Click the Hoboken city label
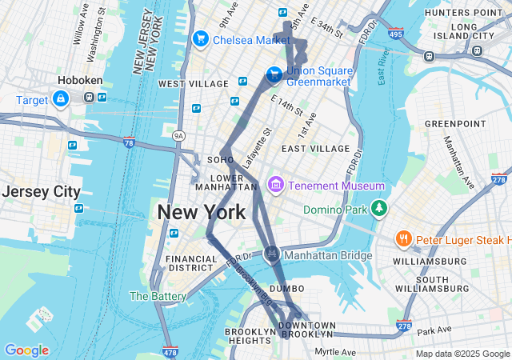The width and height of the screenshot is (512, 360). coord(77,80)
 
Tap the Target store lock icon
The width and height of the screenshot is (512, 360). coord(60,98)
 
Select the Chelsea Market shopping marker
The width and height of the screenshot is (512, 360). coord(200,38)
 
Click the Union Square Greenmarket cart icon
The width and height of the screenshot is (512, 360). coord(274,74)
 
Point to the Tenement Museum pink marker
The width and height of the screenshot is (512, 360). coord(276,185)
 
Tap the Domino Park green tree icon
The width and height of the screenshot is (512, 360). coord(378,210)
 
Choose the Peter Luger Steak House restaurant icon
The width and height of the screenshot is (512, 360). coord(404,239)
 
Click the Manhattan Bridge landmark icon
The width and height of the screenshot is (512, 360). coord(272,254)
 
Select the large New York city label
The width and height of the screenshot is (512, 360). coord(201,212)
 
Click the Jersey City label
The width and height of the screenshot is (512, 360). coord(41,192)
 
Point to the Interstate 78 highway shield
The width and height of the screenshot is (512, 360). coord(130,142)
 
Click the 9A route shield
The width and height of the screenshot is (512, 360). coord(179,136)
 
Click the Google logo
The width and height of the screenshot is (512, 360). coord(26,350)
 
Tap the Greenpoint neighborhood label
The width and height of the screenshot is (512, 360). coord(454,123)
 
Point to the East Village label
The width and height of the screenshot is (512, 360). coord(315,149)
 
